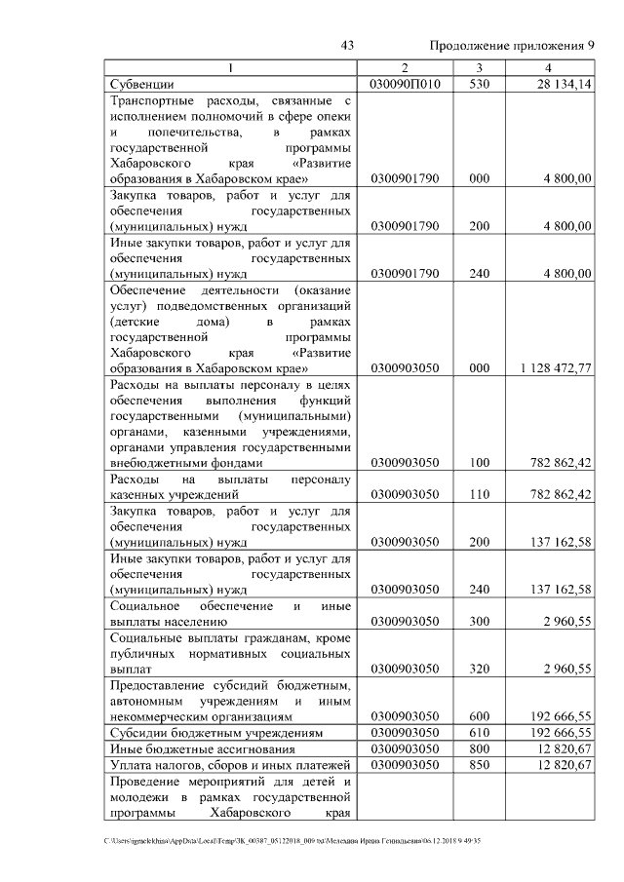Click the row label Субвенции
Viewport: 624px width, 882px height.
(x=141, y=85)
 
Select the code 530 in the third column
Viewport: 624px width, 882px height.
(x=479, y=85)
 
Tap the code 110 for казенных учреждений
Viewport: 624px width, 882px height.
(x=479, y=495)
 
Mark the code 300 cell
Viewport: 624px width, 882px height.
(x=479, y=620)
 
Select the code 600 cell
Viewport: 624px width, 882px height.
(x=479, y=716)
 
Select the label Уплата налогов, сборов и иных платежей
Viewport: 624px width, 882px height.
(x=230, y=766)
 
